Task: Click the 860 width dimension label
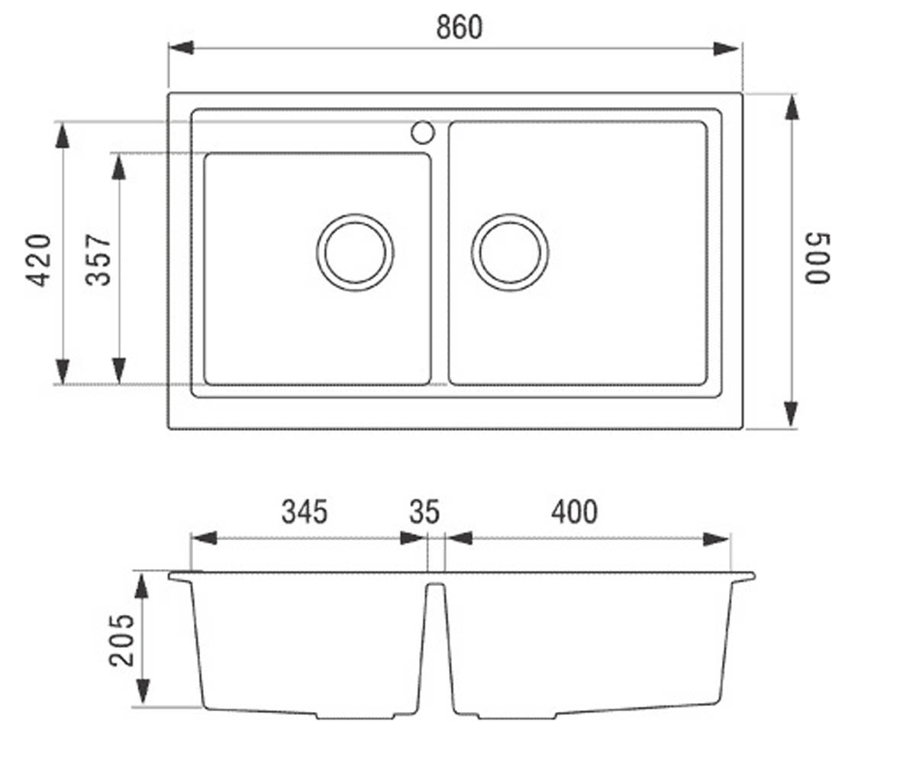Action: [x=460, y=28]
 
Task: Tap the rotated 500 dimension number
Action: [x=818, y=259]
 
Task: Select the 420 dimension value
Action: [x=38, y=261]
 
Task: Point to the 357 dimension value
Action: [x=98, y=260]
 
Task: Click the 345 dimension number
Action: [x=305, y=512]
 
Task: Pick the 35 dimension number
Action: [x=424, y=512]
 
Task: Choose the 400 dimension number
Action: [x=574, y=512]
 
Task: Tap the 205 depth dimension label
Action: [x=121, y=641]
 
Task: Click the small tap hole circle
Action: [x=423, y=132]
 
